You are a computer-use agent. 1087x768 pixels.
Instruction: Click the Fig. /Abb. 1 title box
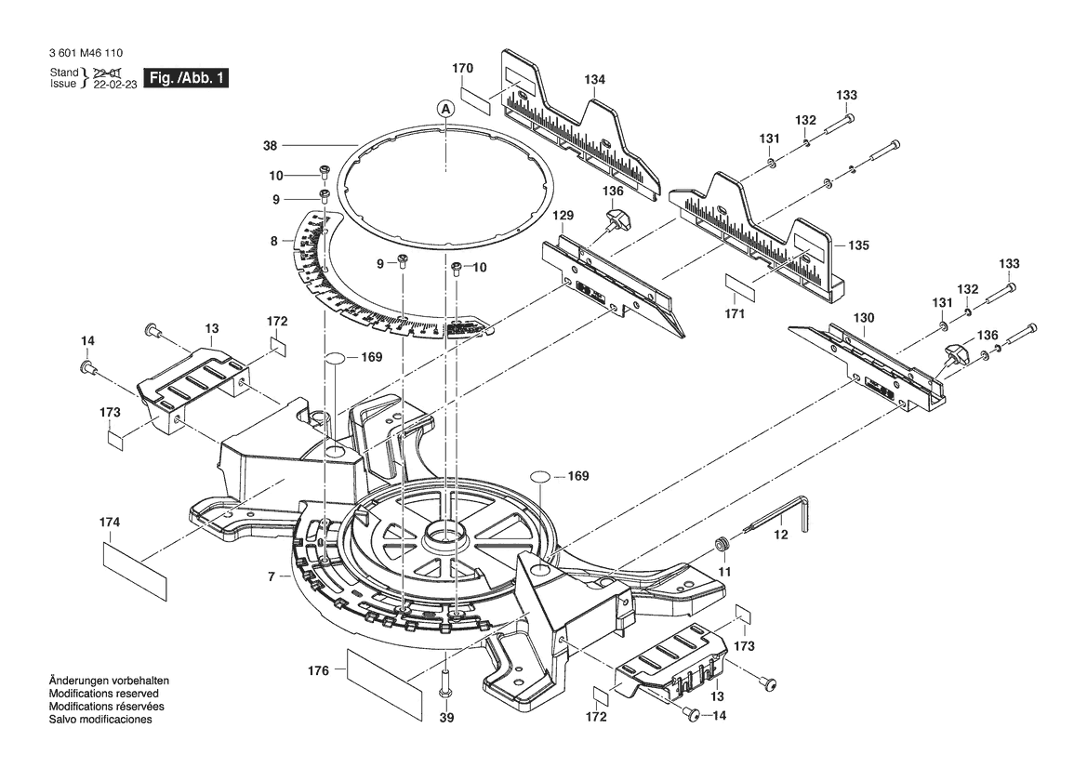[x=185, y=77]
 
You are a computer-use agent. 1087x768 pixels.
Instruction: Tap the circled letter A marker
[x=445, y=109]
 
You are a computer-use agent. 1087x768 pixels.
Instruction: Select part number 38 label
[x=271, y=146]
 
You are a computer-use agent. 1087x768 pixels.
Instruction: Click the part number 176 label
[x=318, y=671]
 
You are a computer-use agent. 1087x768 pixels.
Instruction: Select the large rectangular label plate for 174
[x=135, y=571]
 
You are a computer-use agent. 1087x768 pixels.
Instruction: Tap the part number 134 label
[x=594, y=80]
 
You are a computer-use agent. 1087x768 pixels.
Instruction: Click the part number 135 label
[x=858, y=245]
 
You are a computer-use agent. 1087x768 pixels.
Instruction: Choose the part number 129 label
[x=563, y=216]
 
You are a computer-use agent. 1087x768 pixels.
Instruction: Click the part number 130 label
[x=864, y=318]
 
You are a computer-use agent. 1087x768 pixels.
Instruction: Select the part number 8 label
[x=273, y=241]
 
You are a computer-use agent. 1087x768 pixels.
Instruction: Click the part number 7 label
[x=272, y=576]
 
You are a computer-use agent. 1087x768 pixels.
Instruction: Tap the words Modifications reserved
[x=104, y=693]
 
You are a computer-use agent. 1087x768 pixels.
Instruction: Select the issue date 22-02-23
[x=115, y=84]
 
